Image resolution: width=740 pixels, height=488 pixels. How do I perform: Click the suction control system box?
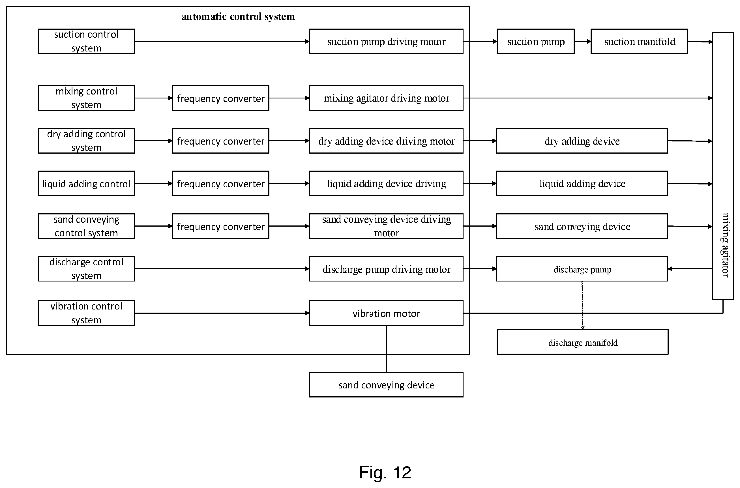click(86, 41)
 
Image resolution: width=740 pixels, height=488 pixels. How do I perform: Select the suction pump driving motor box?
click(386, 41)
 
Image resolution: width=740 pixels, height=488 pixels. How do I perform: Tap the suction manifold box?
click(639, 41)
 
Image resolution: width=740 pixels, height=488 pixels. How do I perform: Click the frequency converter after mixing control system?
click(221, 98)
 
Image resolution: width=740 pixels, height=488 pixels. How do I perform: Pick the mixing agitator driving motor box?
click(386, 98)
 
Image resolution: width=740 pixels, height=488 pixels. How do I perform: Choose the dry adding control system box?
click(86, 141)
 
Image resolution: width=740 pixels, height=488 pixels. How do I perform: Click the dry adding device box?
click(582, 141)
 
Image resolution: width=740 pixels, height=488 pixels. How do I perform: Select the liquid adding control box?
click(86, 183)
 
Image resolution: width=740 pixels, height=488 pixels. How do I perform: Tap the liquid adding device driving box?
click(386, 183)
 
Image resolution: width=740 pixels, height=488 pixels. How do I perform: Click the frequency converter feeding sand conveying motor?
click(221, 226)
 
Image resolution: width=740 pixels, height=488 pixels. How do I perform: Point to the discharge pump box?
click(582, 269)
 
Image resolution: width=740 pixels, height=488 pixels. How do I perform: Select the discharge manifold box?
click(582, 342)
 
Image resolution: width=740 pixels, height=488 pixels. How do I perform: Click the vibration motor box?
click(386, 313)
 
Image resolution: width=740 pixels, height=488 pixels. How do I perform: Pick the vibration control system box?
click(86, 313)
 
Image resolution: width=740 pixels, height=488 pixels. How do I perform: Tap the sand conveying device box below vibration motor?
click(386, 385)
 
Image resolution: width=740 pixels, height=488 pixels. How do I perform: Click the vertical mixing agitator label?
click(725, 245)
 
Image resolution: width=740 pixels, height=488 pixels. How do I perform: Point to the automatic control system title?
click(238, 16)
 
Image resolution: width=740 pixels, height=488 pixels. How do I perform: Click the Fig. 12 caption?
click(385, 472)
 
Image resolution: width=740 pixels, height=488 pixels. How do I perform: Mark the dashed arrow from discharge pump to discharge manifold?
click(582, 305)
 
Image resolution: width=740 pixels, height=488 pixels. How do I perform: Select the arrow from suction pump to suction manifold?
click(582, 41)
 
